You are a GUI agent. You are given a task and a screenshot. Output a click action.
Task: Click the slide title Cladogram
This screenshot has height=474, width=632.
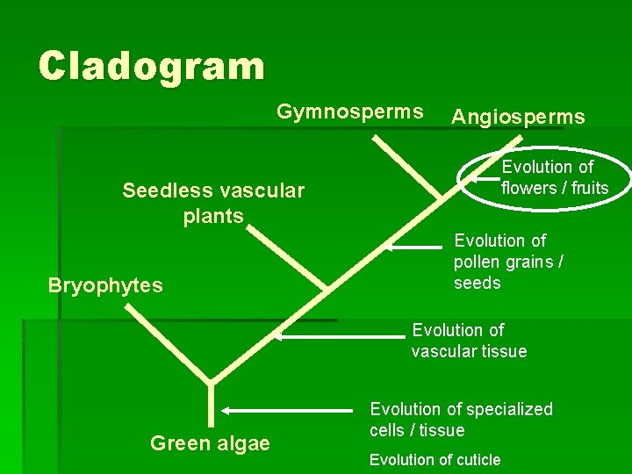pos(151,67)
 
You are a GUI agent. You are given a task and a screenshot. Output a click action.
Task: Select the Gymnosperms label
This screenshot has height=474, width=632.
pos(349,112)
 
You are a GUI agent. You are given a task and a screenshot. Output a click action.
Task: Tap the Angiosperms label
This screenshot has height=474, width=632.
pos(518,118)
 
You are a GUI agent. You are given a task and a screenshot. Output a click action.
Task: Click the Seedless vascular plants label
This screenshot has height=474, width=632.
pos(213,203)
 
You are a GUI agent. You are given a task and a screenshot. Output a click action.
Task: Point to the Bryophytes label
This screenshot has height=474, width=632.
pos(105,285)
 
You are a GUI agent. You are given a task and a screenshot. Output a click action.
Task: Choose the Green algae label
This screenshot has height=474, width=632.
pos(210,443)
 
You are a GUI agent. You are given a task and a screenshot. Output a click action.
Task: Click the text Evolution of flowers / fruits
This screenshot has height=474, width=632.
pos(554,177)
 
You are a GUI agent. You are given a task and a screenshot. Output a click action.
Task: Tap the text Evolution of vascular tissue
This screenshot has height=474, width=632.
pos(469,341)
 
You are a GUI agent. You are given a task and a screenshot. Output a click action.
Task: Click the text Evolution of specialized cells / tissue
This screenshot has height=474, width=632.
pos(461,420)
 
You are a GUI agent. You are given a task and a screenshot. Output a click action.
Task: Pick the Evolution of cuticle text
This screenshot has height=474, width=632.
pos(434,460)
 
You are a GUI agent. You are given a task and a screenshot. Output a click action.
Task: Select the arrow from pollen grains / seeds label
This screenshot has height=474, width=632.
pos(417,248)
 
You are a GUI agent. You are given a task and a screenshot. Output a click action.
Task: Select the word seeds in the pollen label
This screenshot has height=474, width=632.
pos(477,283)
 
